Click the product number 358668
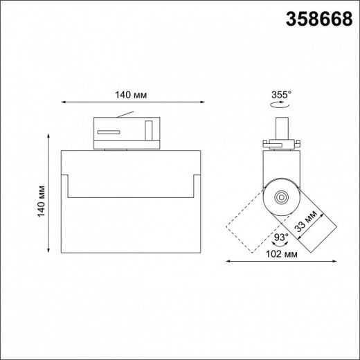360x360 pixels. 319,19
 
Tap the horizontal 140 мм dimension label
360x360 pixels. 131,95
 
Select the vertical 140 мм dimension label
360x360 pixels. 42,201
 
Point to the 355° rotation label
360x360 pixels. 281,95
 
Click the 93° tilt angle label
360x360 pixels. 281,237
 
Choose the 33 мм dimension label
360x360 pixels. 305,221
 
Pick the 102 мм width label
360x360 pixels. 282,254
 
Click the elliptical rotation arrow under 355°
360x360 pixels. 280,105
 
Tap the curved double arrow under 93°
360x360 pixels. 280,244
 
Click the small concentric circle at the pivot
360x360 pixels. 281,197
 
